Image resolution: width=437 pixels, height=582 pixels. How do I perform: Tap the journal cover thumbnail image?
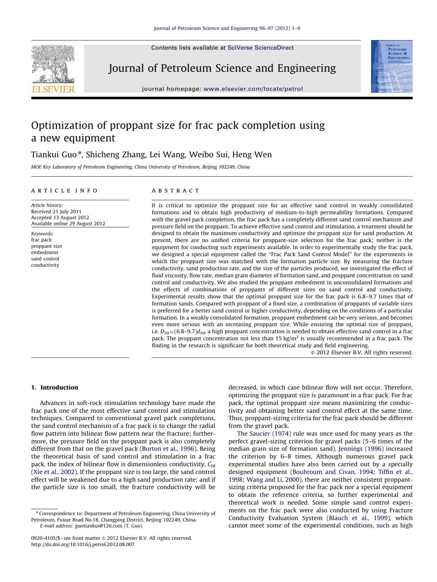tap(391, 66)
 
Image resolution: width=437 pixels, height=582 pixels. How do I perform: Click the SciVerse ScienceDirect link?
tap(260, 48)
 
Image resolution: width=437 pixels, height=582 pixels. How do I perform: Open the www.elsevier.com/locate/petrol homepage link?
tap(253, 89)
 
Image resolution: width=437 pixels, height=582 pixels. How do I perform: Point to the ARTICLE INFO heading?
tap(64, 191)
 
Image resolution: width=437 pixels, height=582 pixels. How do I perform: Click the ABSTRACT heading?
tap(176, 191)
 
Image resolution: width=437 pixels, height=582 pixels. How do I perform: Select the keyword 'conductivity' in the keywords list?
tap(45, 265)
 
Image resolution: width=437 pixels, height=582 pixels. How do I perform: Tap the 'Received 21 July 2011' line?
tap(56, 211)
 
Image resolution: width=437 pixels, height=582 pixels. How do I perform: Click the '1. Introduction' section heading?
tap(55, 387)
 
